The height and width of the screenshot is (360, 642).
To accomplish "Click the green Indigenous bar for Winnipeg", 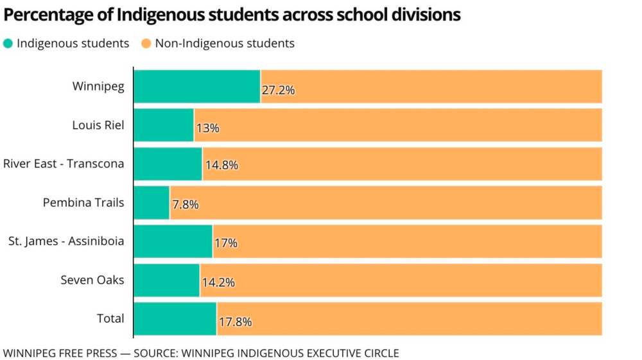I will [x=196, y=86].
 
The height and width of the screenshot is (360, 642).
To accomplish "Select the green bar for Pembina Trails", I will [x=152, y=203].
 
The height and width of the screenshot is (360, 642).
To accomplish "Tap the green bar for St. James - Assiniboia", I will [x=173, y=241].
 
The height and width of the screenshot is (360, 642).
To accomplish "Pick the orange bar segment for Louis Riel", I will [x=398, y=125].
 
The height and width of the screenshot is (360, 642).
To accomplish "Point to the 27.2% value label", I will [x=278, y=90].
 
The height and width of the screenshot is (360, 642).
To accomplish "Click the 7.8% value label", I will [x=186, y=205].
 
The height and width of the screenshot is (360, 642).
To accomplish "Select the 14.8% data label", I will [x=221, y=165].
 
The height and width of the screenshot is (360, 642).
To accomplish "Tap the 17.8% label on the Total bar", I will [x=235, y=321].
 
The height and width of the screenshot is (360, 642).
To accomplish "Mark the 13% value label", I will [x=208, y=128].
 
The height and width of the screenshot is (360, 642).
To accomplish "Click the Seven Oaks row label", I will [x=92, y=280].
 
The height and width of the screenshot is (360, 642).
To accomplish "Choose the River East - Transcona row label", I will [x=64, y=164].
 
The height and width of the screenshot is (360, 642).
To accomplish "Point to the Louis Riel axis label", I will [x=98, y=125].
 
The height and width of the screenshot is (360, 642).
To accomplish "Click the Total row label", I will [x=110, y=318].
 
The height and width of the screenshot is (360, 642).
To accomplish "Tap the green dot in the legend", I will [x=8, y=44].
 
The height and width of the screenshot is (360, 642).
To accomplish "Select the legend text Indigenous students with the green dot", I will [x=73, y=44].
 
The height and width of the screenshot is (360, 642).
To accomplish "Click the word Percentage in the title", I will [x=44, y=15].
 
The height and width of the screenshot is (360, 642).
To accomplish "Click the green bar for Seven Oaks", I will [x=166, y=280].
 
